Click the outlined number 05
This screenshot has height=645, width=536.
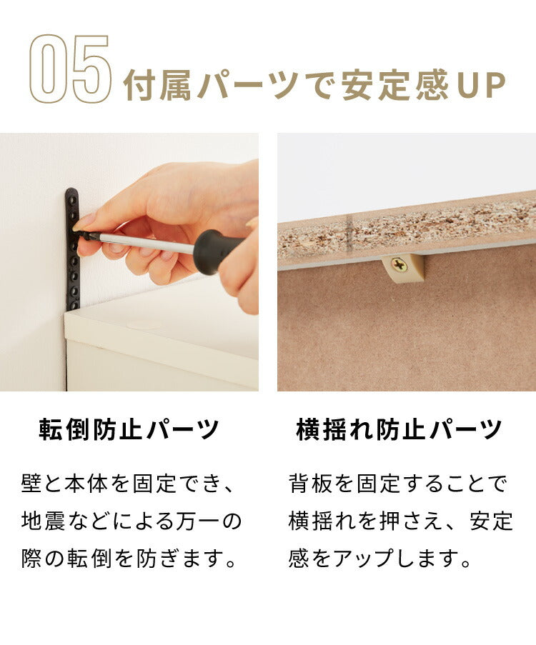pyautogui.click(x=70, y=70)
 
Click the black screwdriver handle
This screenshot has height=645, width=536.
pyautogui.click(x=215, y=251)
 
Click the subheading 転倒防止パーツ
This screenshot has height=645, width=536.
pyautogui.click(x=129, y=431)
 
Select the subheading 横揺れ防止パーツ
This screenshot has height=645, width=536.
pyautogui.click(x=399, y=431)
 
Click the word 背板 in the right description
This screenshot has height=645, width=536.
pyautogui.click(x=309, y=484)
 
